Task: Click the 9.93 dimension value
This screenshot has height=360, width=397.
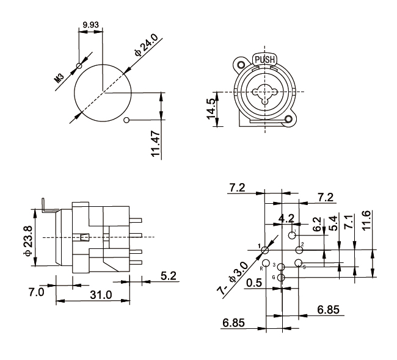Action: [90, 26]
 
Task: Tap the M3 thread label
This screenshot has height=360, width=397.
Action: [59, 76]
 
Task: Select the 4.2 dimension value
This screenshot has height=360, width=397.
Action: [286, 218]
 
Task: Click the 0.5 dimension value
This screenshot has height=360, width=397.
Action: [254, 284]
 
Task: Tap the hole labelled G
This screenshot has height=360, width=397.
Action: [281, 278]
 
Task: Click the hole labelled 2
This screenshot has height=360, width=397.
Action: [299, 250]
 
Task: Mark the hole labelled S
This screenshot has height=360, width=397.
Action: [298, 263]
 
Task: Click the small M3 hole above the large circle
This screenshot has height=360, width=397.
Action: [79, 66]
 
